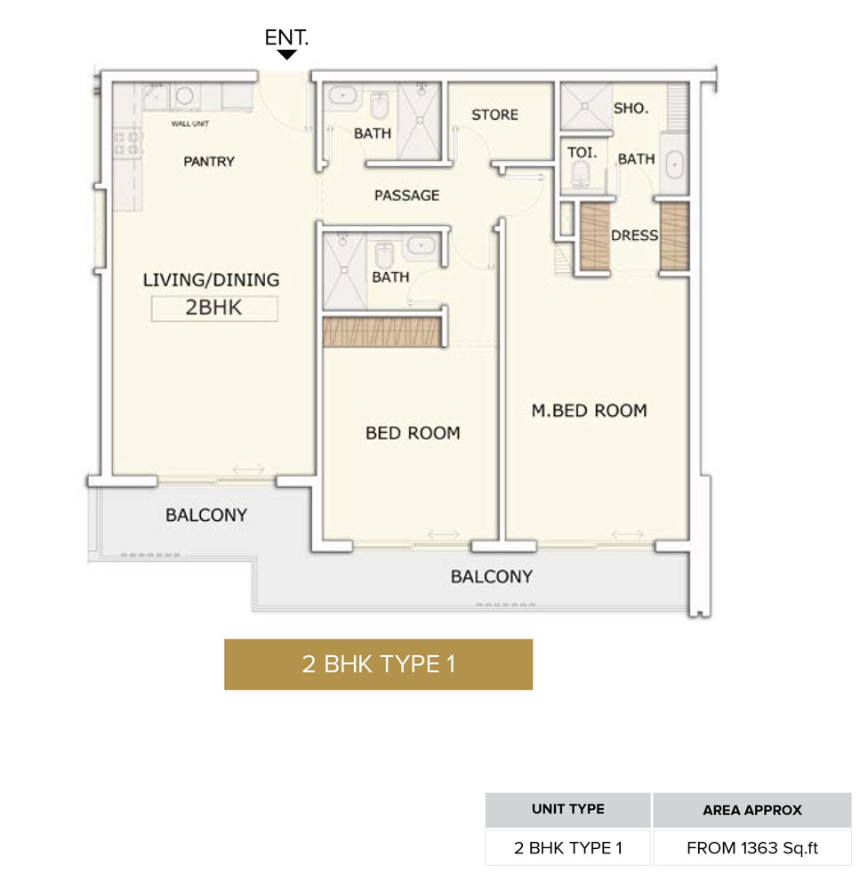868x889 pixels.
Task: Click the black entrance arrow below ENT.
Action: [x=286, y=55]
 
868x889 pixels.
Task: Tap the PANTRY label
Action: [x=209, y=161]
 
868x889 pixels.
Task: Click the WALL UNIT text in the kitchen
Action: [x=189, y=124]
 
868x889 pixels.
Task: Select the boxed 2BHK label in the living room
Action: [x=214, y=308]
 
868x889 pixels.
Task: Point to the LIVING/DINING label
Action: [x=211, y=279]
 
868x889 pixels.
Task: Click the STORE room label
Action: [x=494, y=115]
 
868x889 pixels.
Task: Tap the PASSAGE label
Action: [x=406, y=195]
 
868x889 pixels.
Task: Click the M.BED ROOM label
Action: [x=589, y=410]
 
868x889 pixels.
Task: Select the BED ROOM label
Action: [x=413, y=433]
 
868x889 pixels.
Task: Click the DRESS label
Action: [x=634, y=236]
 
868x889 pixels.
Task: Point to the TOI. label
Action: [x=582, y=152]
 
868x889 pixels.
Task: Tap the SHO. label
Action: [x=631, y=108]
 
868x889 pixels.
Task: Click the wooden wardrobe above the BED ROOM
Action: [x=383, y=332]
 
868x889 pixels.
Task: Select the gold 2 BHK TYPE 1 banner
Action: [x=378, y=664]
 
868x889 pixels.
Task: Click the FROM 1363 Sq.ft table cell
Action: [x=751, y=847]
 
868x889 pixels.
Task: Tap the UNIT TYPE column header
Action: [x=567, y=809]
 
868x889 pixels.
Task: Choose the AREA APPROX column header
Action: [x=751, y=810]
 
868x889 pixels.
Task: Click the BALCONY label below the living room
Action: [x=206, y=515]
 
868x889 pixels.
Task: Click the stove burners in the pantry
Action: [x=127, y=143]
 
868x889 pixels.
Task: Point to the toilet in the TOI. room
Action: [x=583, y=173]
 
